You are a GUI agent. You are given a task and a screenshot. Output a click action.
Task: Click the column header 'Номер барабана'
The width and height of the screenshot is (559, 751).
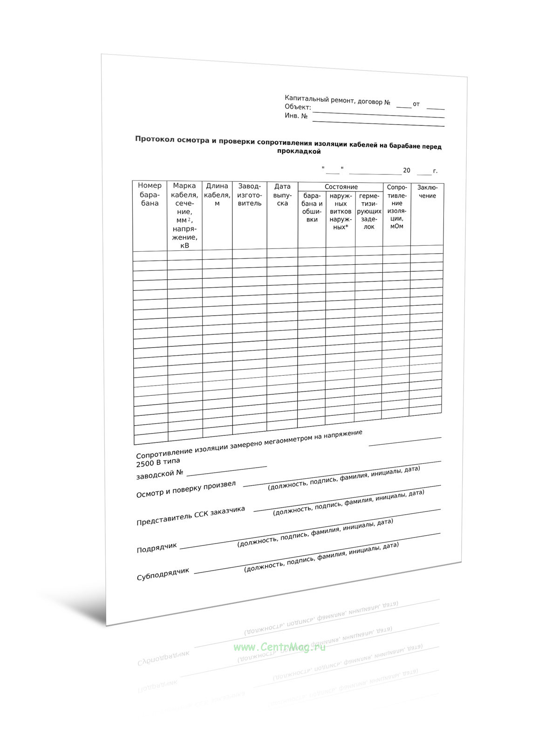point(150,194)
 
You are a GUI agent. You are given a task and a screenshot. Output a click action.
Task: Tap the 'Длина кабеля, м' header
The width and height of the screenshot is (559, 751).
point(217,194)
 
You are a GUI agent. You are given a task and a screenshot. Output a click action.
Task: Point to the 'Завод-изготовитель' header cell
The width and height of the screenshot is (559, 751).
point(250,195)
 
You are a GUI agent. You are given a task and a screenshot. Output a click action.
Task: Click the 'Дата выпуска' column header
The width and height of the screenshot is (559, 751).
point(282,195)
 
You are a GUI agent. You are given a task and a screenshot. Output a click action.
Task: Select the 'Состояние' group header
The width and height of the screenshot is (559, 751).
point(341,187)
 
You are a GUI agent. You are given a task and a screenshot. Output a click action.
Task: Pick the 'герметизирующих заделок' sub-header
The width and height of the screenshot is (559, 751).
point(369,212)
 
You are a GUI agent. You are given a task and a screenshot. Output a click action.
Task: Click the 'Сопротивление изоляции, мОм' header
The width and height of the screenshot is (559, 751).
point(397,207)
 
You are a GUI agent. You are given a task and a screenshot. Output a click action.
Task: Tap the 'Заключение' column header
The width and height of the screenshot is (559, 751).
point(427,192)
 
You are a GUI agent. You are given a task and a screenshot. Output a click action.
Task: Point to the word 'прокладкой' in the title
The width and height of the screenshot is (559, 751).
point(299,152)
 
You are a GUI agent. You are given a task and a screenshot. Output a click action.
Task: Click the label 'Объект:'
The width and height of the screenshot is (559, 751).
point(298,107)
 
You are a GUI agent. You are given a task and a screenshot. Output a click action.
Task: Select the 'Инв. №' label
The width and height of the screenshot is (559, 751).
point(296,116)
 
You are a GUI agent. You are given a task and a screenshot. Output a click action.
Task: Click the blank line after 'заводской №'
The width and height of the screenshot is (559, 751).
point(226,470)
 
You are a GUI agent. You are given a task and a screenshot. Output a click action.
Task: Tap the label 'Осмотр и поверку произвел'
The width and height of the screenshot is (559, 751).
point(186,489)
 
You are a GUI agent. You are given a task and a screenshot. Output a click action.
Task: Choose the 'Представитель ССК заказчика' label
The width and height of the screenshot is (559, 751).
point(191,516)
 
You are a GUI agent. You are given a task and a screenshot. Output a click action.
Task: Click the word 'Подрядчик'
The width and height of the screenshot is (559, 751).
point(157,548)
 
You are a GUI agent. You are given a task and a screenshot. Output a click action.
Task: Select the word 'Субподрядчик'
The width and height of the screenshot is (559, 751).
point(163,574)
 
